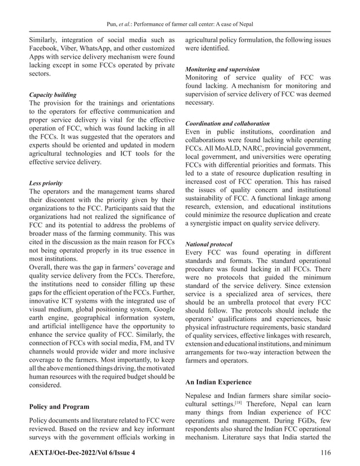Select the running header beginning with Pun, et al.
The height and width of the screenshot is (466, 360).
179,25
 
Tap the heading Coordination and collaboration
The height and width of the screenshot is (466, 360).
227,122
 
